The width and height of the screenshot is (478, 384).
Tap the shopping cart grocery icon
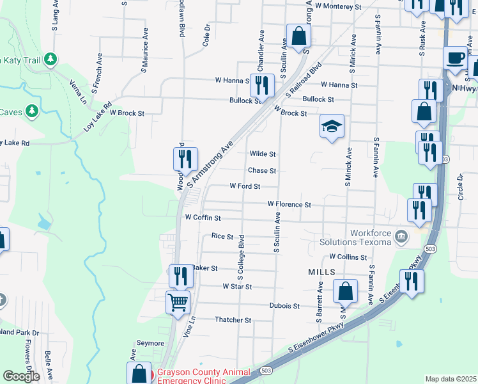tap(178, 301)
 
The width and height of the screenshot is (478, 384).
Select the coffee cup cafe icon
tap(455, 58)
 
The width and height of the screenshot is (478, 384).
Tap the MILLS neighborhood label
tap(321, 272)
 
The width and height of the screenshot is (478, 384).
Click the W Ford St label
tap(245, 186)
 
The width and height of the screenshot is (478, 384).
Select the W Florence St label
tap(289, 205)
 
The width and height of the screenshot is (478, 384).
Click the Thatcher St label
tap(233, 319)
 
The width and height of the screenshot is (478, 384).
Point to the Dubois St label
tap(284, 306)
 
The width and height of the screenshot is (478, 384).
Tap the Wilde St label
tap(262, 154)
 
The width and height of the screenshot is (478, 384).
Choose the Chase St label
tap(261, 171)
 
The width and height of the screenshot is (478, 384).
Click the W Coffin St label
tap(203, 218)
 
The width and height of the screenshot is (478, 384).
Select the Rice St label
tap(222, 236)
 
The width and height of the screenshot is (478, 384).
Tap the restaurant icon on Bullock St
tap(262, 85)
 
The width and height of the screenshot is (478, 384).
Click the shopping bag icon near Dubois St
tap(345, 292)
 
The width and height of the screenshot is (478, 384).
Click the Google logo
tap(21, 376)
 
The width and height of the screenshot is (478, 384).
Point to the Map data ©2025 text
tap(451, 379)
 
